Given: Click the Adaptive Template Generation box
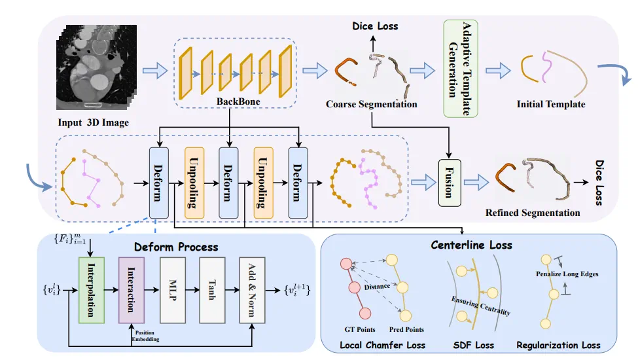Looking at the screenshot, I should (x=461, y=69).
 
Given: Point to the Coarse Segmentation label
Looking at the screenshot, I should (x=371, y=104).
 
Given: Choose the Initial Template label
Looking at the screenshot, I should (x=550, y=104).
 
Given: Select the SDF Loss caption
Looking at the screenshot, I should (x=472, y=345).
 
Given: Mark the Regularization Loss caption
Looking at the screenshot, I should (x=558, y=345).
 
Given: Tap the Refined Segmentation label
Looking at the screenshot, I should (x=533, y=213).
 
